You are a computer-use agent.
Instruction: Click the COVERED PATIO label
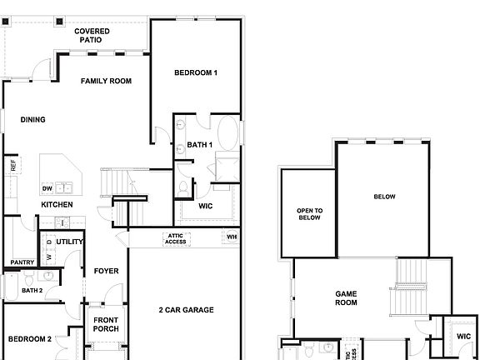coord(92,35)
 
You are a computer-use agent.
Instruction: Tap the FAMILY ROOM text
coord(107,81)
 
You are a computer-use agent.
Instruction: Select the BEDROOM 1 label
coord(196,73)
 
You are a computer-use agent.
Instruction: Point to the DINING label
coord(33,119)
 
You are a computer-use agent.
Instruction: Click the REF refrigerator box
coord(13,165)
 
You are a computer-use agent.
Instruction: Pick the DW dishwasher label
coord(47,188)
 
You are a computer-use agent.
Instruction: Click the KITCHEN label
coord(57,204)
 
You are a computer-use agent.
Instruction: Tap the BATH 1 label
coord(200,145)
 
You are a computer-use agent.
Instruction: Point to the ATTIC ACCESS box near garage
coord(176,239)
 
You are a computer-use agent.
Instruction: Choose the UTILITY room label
coord(70,242)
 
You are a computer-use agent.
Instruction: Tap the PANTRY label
coord(22,262)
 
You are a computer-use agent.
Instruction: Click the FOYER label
coord(106,271)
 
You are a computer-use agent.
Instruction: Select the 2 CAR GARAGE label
coord(186,310)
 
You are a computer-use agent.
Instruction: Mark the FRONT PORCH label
coord(106,324)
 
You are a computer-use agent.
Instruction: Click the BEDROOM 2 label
coord(30,339)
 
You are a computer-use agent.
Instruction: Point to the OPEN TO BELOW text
coord(309,214)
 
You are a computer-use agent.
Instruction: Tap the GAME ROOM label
coord(346,298)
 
